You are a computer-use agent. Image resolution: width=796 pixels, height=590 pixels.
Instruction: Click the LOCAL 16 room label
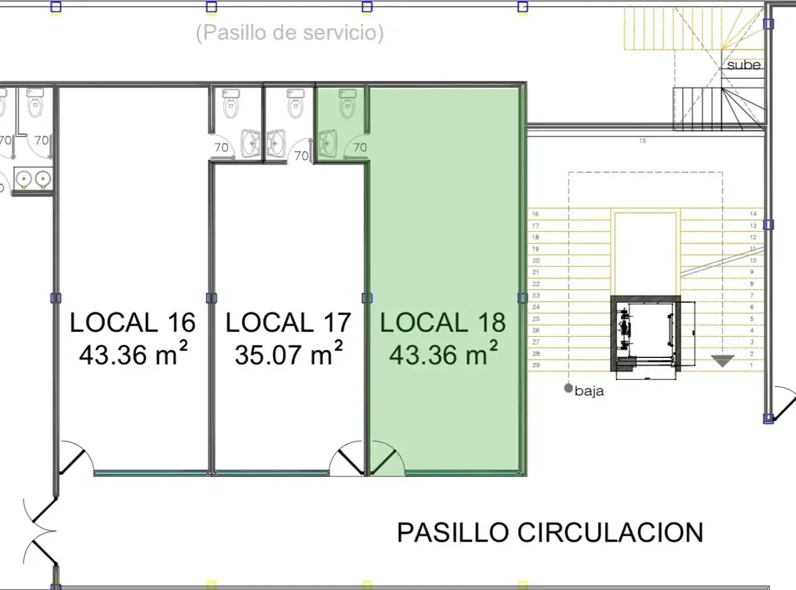tap(133, 322)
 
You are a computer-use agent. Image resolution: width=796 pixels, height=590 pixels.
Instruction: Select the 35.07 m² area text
tap(289, 353)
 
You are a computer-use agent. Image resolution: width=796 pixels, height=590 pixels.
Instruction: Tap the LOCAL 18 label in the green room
tap(443, 322)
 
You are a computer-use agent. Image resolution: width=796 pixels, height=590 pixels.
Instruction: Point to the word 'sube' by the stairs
tap(744, 65)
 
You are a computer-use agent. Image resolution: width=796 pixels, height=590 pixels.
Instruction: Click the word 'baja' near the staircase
tap(589, 391)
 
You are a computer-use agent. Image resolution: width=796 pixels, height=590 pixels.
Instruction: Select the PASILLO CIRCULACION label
tap(550, 532)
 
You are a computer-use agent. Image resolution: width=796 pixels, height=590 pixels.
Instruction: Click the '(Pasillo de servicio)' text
tap(290, 32)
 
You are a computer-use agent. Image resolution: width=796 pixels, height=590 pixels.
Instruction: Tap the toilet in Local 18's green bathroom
tap(348, 104)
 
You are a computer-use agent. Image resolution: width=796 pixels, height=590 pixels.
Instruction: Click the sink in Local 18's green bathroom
tap(327, 144)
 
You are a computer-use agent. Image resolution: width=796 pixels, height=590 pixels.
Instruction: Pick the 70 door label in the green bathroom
tap(360, 147)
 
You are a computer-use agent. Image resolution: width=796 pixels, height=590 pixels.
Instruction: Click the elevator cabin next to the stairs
tap(645, 333)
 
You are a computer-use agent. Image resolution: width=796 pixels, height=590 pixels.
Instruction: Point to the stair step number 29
tap(536, 365)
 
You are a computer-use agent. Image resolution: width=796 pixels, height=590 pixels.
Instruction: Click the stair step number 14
tap(754, 213)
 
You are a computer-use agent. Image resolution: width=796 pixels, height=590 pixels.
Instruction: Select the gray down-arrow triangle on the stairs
tap(723, 361)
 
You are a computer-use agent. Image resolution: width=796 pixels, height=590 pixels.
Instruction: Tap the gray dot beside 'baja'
tap(568, 388)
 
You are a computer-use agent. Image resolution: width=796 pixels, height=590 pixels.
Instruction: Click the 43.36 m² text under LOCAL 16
tap(133, 353)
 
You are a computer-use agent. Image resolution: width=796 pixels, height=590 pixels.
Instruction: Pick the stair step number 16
tap(535, 213)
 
